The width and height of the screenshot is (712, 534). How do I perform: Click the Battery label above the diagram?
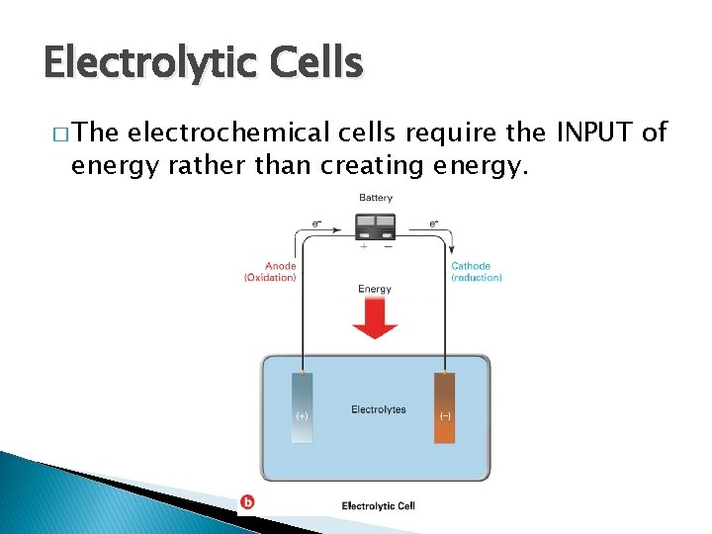376,198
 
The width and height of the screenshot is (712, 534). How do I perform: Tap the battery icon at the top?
376,225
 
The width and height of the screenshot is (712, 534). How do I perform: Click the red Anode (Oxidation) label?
270,272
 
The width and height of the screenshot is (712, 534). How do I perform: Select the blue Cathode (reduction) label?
477,272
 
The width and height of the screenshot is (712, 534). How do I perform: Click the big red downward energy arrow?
376,318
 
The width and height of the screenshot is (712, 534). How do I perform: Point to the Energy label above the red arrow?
375,290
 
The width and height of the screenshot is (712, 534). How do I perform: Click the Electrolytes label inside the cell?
378,409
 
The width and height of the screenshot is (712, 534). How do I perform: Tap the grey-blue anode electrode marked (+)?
303,407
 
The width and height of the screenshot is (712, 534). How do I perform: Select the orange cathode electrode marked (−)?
445,407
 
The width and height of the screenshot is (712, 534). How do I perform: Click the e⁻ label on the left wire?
316,223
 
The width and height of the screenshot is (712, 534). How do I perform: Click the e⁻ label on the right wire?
434,223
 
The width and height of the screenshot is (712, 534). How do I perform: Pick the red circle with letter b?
247,502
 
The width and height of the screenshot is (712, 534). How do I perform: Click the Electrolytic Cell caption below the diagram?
378,506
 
